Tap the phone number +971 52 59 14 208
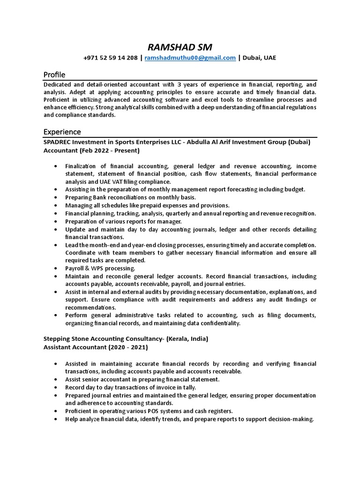(x=110, y=58)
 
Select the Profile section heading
(x=54, y=75)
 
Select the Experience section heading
(x=62, y=132)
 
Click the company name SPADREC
(x=59, y=142)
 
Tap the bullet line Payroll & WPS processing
(x=100, y=268)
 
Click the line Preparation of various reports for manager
(x=123, y=221)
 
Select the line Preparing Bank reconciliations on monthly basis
(x=130, y=197)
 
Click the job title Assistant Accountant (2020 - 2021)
(x=96, y=347)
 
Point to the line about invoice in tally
(x=130, y=388)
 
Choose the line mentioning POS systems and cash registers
(x=149, y=411)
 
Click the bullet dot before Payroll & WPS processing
(x=56, y=269)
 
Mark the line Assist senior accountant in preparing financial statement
(x=142, y=380)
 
